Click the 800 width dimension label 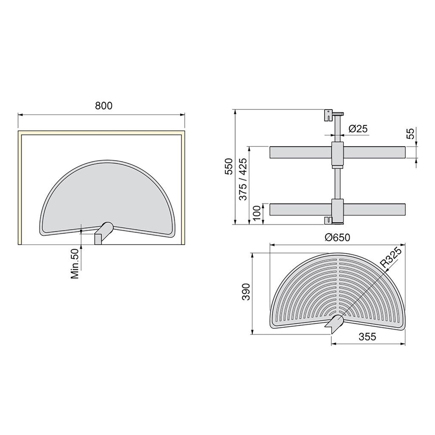tap(103, 106)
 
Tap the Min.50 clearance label tap(75, 263)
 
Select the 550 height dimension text tap(229, 167)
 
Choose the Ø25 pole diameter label tap(357, 129)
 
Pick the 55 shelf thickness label tap(410, 134)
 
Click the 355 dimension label tap(367, 337)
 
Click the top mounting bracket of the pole tap(328, 115)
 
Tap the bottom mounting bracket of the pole tap(328, 220)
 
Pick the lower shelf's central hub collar tap(337, 209)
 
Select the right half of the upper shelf tap(374, 153)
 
